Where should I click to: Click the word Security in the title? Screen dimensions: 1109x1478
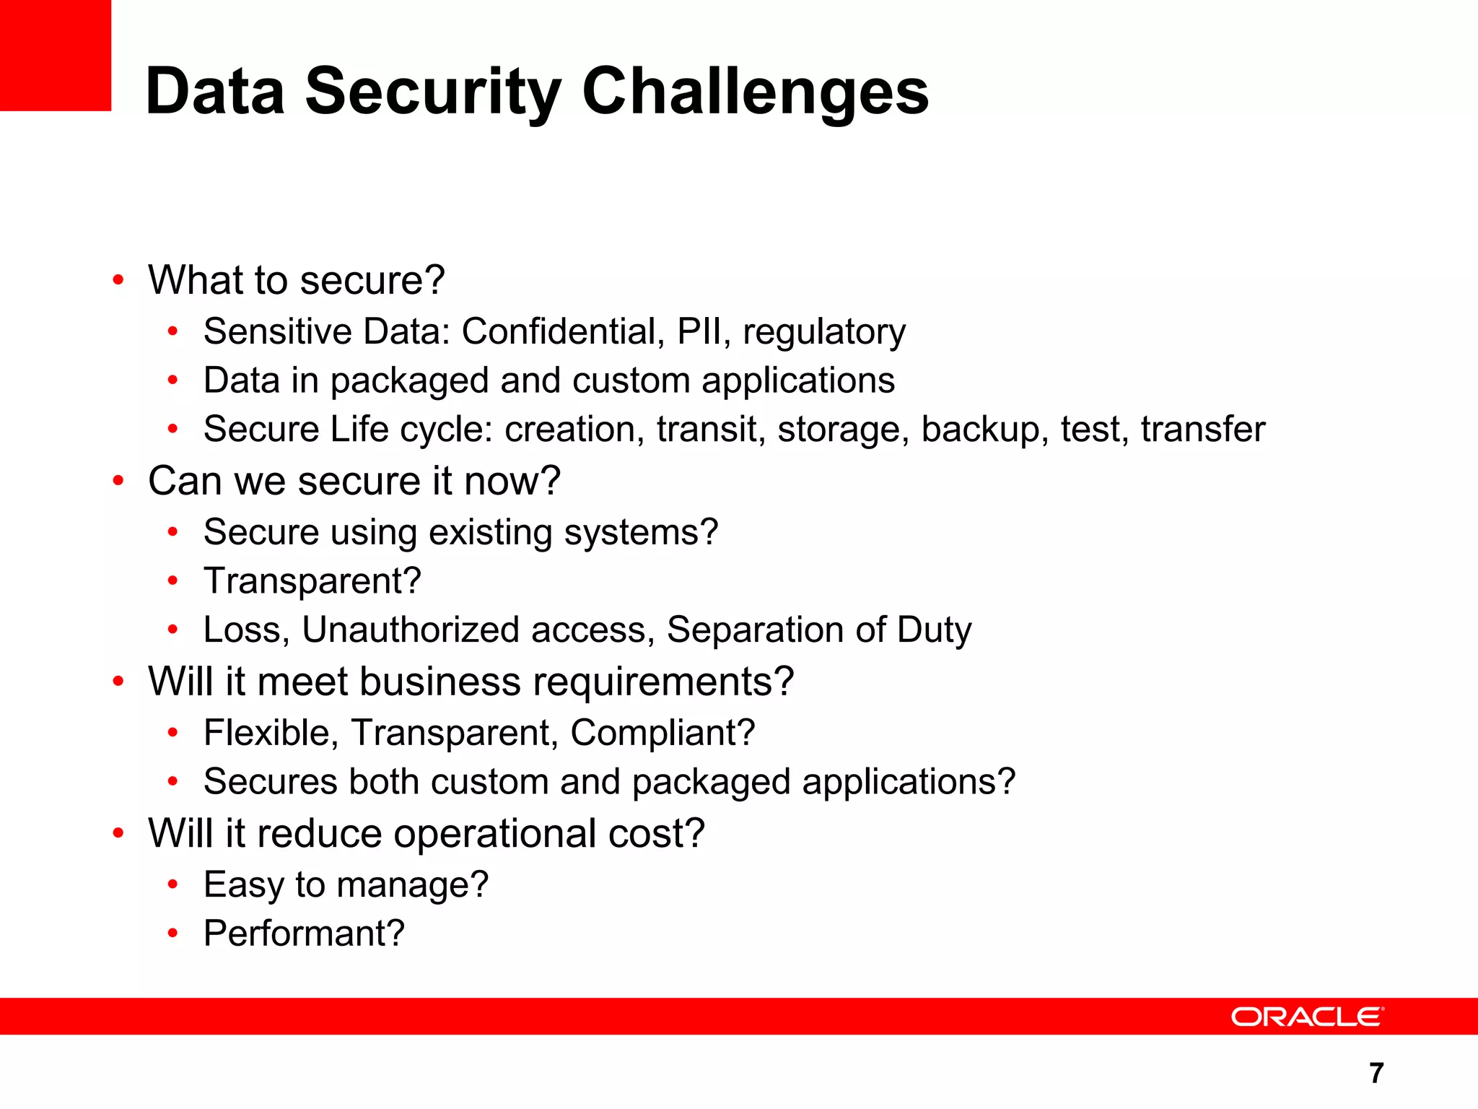[432, 92]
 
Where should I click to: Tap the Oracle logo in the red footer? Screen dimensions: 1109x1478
[1307, 1017]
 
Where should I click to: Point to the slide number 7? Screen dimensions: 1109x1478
[1376, 1073]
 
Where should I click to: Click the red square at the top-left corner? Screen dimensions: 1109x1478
[56, 56]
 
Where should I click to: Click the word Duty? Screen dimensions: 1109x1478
[934, 630]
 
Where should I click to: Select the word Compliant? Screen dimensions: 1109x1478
[662, 733]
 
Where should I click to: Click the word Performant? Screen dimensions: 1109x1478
[303, 933]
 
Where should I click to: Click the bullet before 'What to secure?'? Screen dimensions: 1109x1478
[118, 280]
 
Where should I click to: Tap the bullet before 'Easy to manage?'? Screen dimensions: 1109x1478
[172, 884]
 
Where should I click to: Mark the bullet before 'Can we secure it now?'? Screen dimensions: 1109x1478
[118, 481]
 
